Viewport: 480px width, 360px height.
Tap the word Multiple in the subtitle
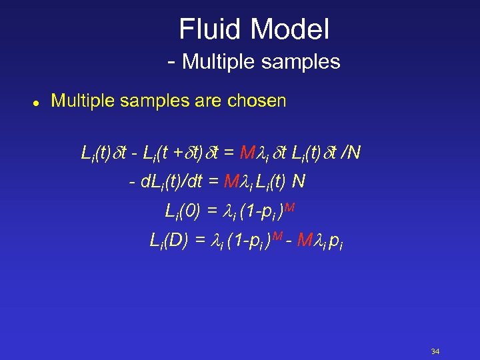217,62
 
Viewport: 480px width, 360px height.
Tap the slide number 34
435,351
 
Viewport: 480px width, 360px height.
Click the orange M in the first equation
247,153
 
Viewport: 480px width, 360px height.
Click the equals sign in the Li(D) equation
200,241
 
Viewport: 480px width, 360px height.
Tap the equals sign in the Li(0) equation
212,212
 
